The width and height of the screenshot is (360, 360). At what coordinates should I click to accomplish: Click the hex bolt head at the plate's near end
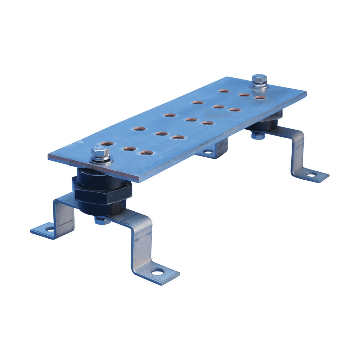click(98, 153)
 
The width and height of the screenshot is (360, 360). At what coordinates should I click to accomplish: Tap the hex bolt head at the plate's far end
click(259, 78)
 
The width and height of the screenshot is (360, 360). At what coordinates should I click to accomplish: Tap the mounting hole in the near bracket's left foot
click(50, 229)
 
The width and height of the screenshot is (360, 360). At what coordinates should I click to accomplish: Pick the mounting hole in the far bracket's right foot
click(310, 175)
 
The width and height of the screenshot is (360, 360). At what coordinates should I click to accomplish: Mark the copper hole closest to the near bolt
click(107, 144)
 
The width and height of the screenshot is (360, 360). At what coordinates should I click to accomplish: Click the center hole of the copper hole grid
click(191, 120)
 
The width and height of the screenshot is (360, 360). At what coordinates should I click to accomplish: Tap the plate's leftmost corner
click(49, 158)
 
